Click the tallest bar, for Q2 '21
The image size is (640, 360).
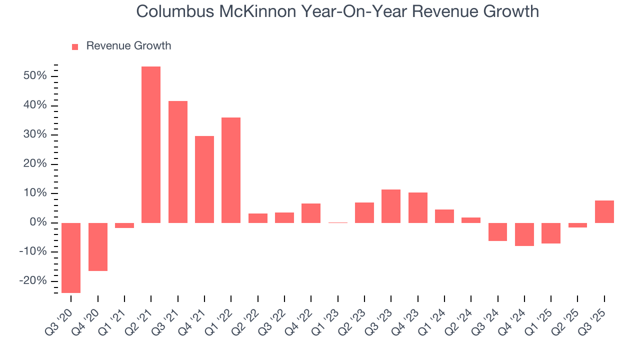pos(151,144)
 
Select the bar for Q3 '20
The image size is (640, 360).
pos(71,257)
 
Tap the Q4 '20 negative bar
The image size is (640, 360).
pos(98,246)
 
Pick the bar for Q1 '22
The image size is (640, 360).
pos(231,170)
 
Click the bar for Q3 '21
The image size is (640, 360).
pos(178,161)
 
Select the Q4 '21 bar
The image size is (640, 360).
pos(204,179)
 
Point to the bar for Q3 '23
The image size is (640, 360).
pos(391,206)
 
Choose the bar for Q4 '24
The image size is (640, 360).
pos(524,234)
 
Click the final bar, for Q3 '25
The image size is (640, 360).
pos(604,211)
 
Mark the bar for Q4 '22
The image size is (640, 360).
pos(311,213)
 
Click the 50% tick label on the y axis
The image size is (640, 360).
pos(34,76)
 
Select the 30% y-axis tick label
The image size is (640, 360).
pos(34,134)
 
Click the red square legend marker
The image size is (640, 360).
pos(75,46)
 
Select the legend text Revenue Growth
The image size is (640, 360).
pos(128,46)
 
